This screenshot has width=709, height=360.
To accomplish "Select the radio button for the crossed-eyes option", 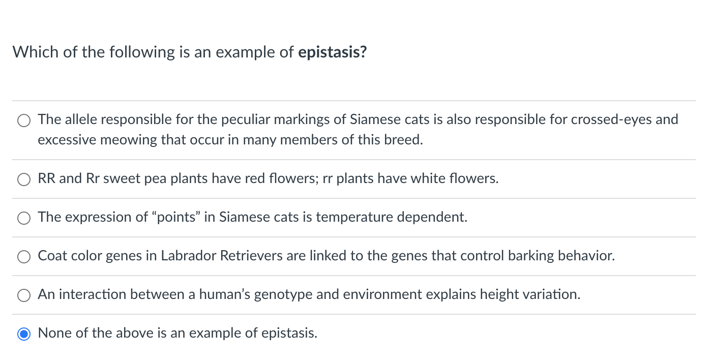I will [24, 121].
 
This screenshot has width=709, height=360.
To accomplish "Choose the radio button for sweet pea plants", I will [24, 179].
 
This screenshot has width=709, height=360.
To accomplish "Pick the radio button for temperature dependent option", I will [24, 218].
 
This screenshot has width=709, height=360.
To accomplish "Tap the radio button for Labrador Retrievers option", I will [24, 256].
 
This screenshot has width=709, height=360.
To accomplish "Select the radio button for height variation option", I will [24, 295].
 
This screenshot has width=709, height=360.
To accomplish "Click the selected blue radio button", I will [24, 334].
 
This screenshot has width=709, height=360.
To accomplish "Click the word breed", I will [408, 140].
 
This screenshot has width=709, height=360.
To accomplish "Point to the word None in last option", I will [55, 333].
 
